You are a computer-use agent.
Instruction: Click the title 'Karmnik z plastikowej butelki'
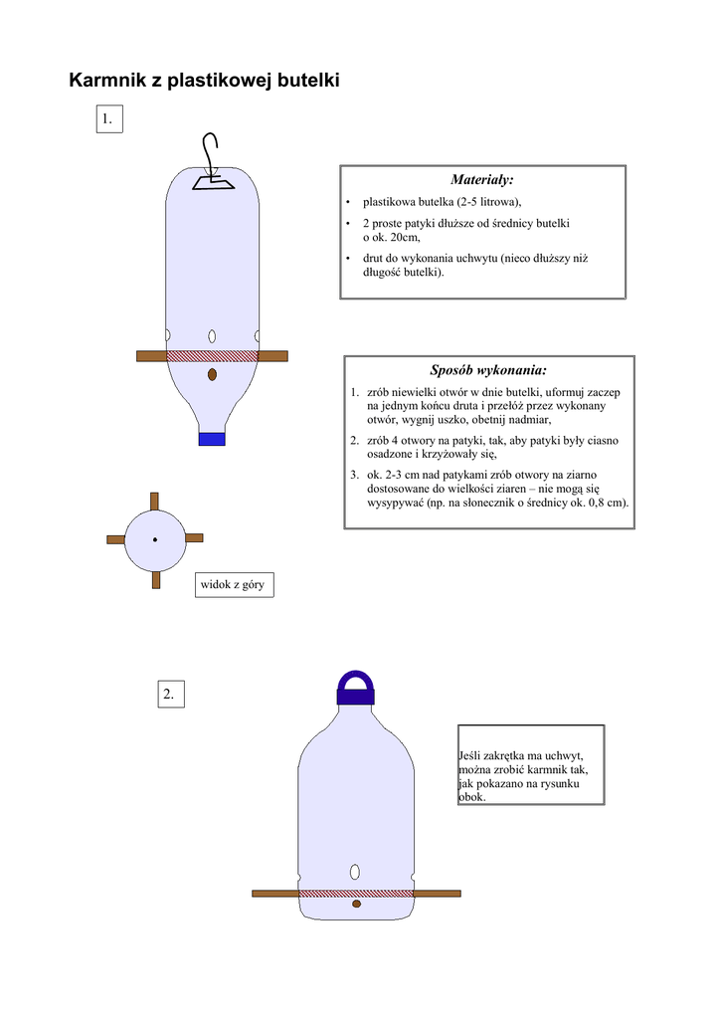point(204,81)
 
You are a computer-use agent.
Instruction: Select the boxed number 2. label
point(170,694)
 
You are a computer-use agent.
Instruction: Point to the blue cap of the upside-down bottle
point(212,438)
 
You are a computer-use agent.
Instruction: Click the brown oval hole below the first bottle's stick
point(212,375)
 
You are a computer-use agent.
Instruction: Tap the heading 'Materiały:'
point(482,180)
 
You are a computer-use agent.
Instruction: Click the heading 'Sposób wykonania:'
point(488,370)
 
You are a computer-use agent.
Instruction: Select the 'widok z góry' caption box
point(233,584)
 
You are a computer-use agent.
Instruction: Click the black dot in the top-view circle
point(155,539)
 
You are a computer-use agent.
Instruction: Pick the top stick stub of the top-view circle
point(155,501)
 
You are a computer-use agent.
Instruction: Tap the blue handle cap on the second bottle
point(356,687)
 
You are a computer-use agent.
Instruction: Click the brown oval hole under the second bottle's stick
point(356,905)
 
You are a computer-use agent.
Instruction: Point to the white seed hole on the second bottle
point(356,873)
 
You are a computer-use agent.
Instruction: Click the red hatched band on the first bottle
point(212,355)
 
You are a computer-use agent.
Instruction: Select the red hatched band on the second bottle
point(356,893)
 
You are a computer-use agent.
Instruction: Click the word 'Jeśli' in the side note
point(472,757)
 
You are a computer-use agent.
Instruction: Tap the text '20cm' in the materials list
point(406,238)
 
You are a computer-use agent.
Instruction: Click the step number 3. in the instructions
point(355,475)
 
